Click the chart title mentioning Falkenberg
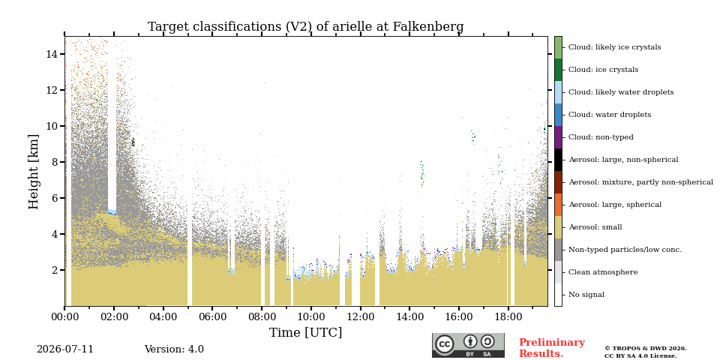click(305, 27)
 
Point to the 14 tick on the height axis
click(52, 54)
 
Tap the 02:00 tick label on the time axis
click(114, 316)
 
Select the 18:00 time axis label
click(508, 316)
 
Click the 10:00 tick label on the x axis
click(310, 316)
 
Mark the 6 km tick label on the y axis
click(55, 198)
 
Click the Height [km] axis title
click(34, 172)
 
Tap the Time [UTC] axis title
click(305, 332)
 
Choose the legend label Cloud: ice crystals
click(603, 70)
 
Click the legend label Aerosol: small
click(595, 227)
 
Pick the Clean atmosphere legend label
click(603, 272)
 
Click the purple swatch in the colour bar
click(558, 137)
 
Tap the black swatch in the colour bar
click(558, 160)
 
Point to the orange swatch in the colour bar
click(558, 205)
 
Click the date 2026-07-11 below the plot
click(65, 349)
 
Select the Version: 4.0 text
click(174, 349)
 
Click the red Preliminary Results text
click(552, 348)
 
